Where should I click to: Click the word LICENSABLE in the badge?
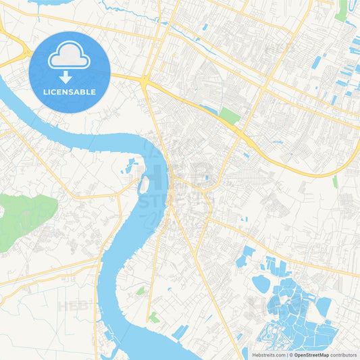pos(70,91)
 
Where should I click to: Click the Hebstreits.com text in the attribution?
pos(267,355)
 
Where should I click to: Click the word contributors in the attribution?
pos(344,355)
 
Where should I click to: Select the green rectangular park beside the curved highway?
pos(230,116)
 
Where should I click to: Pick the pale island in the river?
pos(143,184)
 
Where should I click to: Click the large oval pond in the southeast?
pos(261,284)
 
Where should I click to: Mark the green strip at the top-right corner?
pos(342,9)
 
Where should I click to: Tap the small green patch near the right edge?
pos(335,181)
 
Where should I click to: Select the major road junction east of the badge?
pos(145,80)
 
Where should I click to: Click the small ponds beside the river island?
pos(130,165)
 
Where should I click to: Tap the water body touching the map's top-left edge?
pos(41,3)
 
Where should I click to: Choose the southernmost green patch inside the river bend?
pos(154,317)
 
